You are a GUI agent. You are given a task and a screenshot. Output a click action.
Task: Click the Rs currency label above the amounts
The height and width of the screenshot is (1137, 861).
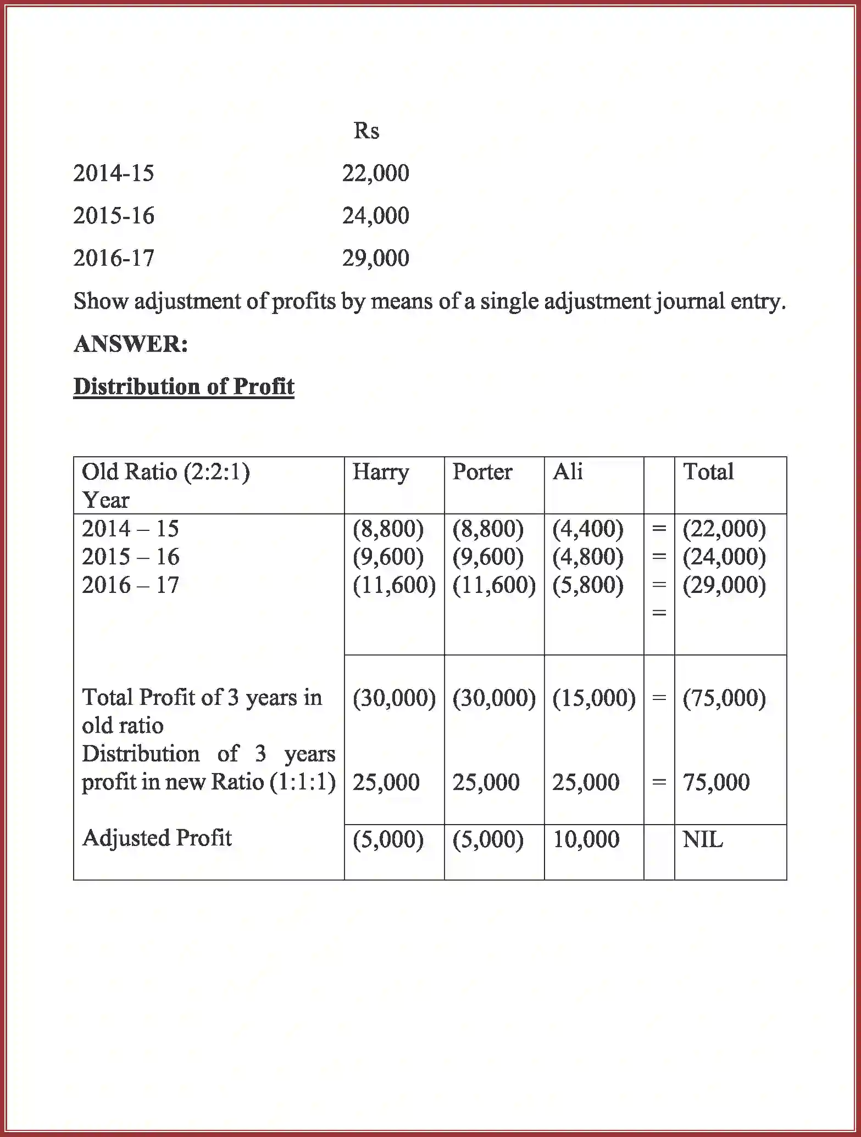[366, 131]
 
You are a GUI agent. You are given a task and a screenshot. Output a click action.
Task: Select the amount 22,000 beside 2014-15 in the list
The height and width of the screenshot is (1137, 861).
[375, 173]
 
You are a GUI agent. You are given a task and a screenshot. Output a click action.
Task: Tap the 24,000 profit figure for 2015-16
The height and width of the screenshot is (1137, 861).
[375, 216]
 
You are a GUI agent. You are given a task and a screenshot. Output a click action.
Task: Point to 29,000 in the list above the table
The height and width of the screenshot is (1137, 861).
[375, 258]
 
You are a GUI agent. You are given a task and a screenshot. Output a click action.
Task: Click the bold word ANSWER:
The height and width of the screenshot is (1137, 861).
[131, 344]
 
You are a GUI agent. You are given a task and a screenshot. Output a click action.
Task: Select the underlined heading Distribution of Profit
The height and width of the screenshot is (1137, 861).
[184, 387]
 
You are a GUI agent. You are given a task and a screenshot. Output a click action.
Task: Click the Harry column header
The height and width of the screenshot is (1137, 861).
[380, 472]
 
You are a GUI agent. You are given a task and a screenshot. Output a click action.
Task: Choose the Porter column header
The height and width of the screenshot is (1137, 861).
[482, 472]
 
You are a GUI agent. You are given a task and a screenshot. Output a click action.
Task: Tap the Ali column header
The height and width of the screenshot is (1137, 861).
[568, 472]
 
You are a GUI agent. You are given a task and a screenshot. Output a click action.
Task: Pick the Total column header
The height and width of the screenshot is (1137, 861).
[708, 472]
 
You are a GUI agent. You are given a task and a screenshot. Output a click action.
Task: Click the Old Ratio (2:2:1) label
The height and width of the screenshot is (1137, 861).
[165, 472]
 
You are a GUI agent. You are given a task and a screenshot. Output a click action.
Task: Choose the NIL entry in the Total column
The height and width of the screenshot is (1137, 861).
[702, 839]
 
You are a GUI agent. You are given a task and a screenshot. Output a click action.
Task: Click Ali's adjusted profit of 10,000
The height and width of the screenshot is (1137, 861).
[586, 839]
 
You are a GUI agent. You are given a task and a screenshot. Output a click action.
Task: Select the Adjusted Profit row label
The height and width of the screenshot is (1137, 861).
[157, 838]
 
